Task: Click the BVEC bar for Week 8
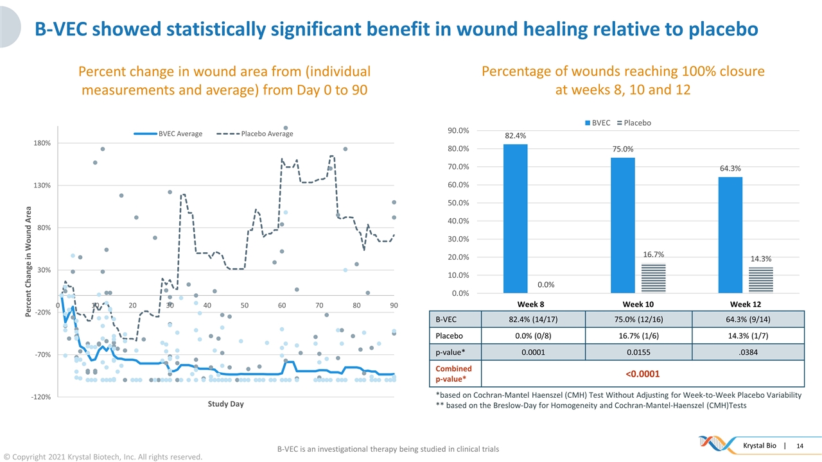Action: click(x=515, y=218)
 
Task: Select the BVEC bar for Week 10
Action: click(x=622, y=225)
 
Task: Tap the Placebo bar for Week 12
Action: click(x=761, y=280)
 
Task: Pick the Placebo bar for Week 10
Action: click(x=653, y=278)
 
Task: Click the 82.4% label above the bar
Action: click(x=515, y=136)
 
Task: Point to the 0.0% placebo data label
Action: click(x=546, y=285)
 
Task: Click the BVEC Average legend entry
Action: click(x=168, y=133)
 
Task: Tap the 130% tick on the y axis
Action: click(x=41, y=185)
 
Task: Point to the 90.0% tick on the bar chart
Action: click(x=458, y=131)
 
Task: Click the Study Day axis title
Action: click(x=225, y=404)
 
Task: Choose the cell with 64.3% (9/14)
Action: click(x=747, y=319)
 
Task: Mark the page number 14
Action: click(x=800, y=446)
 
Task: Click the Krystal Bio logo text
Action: click(x=759, y=446)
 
